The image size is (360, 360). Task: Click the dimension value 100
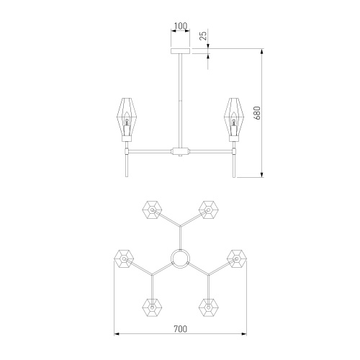pos(180,26)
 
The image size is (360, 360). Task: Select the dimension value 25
pos(203,35)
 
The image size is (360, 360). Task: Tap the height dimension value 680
pos(257,113)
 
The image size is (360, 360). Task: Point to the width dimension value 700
pos(180,329)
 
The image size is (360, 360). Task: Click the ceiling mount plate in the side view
pos(180,51)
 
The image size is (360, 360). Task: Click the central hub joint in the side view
pos(180,151)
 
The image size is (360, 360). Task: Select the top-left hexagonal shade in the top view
pos(152,210)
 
